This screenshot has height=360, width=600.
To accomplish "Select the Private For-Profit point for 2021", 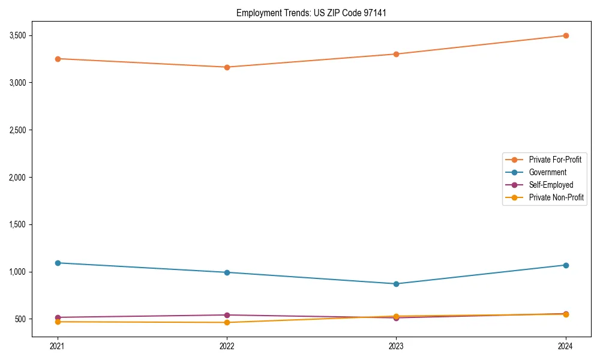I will click(x=58, y=59).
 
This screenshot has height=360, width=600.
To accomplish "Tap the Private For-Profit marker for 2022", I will click(x=227, y=67).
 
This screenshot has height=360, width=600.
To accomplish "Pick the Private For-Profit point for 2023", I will click(x=396, y=54).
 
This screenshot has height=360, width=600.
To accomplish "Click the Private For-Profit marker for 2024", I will click(x=565, y=35).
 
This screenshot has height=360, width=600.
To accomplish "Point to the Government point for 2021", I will click(x=58, y=263).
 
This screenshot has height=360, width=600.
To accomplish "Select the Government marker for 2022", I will click(x=227, y=272).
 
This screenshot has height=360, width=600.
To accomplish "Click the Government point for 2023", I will click(x=396, y=284).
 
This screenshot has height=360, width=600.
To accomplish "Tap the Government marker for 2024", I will click(x=565, y=265).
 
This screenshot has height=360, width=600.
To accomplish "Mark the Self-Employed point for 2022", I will click(x=227, y=315).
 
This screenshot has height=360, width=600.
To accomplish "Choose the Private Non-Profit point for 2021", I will click(x=58, y=322).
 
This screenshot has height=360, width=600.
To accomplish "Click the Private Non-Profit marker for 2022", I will click(x=227, y=323).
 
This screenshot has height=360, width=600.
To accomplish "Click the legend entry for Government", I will click(x=547, y=172).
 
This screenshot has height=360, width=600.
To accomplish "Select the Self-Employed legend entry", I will click(x=551, y=185).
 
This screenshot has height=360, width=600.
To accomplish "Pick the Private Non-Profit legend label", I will click(x=556, y=197).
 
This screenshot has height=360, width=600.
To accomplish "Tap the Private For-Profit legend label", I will click(x=555, y=160).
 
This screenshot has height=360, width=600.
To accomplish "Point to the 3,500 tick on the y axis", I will click(x=18, y=35).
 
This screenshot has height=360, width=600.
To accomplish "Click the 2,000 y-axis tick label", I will click(x=18, y=178).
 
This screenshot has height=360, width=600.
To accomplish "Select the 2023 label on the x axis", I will click(x=396, y=346).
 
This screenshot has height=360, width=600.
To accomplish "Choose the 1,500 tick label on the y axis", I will click(x=18, y=225).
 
